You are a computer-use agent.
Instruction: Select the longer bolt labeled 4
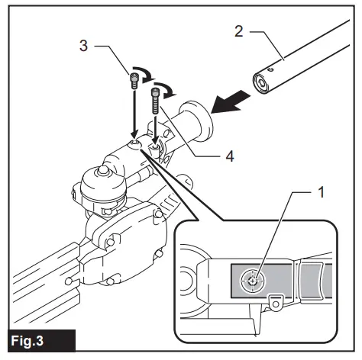tap(157, 100)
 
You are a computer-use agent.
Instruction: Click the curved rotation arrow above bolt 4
tap(171, 94)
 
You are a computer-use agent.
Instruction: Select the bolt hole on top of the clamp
tap(134, 143)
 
